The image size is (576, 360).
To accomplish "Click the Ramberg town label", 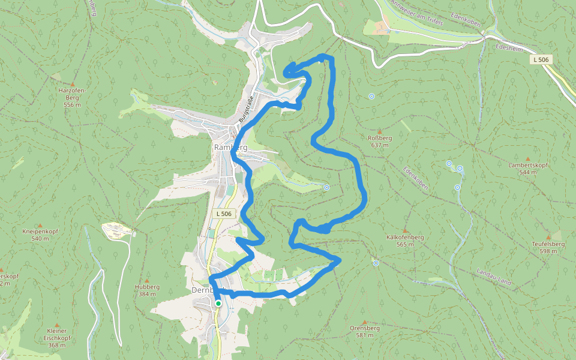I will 231,147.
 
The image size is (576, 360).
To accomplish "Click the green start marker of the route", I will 218,304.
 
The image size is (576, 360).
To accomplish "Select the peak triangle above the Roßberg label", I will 380,131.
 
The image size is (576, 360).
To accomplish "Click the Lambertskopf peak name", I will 528,165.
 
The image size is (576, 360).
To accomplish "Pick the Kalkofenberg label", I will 406,238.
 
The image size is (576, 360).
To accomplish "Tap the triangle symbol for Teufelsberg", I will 548,238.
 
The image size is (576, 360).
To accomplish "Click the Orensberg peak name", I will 365,328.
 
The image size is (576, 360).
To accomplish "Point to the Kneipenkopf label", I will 40,232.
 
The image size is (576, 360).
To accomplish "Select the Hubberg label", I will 148,287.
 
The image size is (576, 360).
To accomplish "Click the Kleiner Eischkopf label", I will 56,334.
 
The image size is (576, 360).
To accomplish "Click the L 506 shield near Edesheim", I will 540,59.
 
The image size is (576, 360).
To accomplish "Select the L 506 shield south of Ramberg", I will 223,214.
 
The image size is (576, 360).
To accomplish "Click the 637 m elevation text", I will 380,145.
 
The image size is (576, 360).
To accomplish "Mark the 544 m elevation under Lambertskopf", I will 528,172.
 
